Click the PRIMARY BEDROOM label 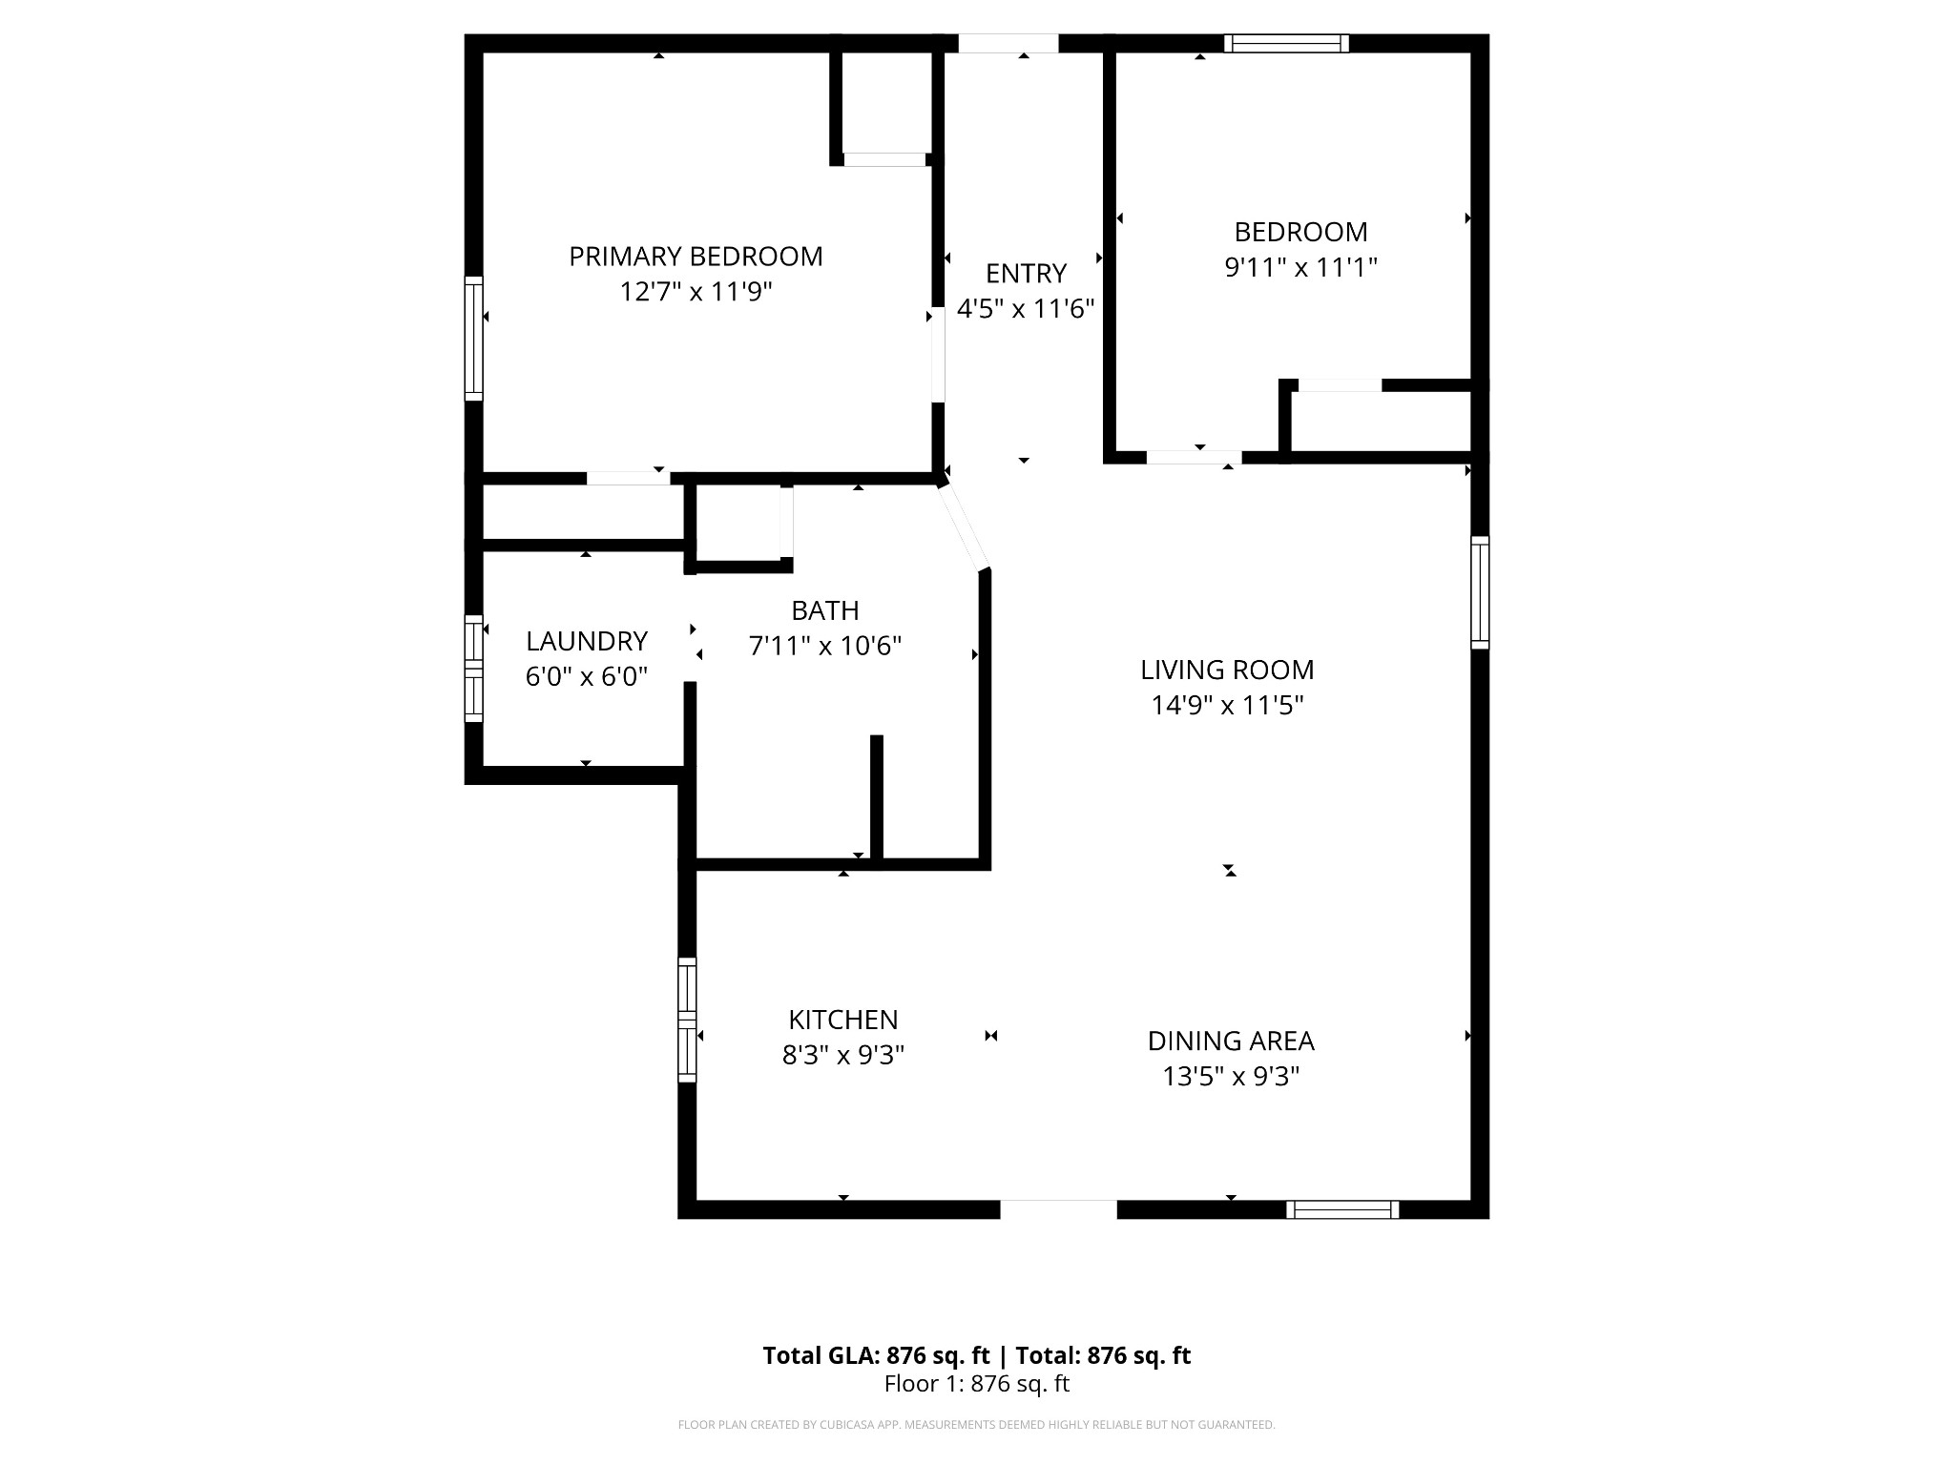pyautogui.click(x=696, y=257)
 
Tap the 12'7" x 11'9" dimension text pyautogui.click(x=696, y=292)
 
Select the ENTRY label pyautogui.click(x=1026, y=274)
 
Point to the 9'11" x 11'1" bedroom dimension pyautogui.click(x=1300, y=267)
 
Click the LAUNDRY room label pyautogui.click(x=587, y=641)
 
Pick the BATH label pyautogui.click(x=825, y=610)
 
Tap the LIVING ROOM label pyautogui.click(x=1227, y=671)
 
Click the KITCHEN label pyautogui.click(x=843, y=1021)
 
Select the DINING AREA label pyautogui.click(x=1231, y=1042)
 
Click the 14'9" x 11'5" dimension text pyautogui.click(x=1227, y=706)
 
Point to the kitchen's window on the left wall pyautogui.click(x=687, y=1021)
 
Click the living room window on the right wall pyautogui.click(x=1480, y=592)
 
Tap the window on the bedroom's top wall pyautogui.click(x=1287, y=43)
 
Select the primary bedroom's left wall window pyautogui.click(x=473, y=339)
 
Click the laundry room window pyautogui.click(x=473, y=668)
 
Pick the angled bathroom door pyautogui.click(x=964, y=527)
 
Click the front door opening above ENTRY pyautogui.click(x=1008, y=43)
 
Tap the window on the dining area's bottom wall pyautogui.click(x=1342, y=1209)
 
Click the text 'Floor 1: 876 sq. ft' pyautogui.click(x=977, y=1384)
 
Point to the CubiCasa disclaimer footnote pyautogui.click(x=977, y=1425)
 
